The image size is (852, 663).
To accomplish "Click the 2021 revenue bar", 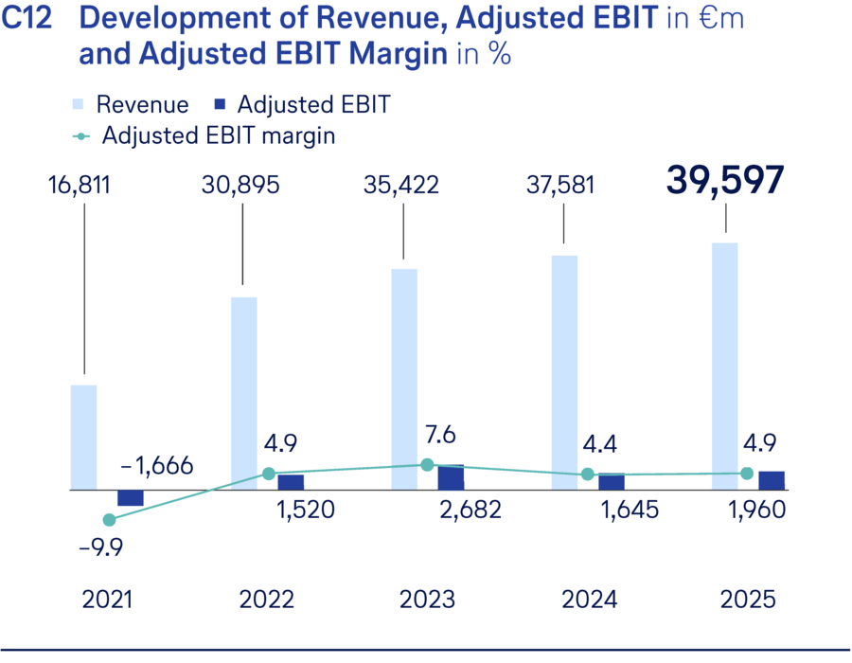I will (84, 438).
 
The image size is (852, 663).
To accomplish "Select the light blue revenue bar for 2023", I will (404, 379).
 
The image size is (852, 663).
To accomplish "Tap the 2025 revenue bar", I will (725, 367).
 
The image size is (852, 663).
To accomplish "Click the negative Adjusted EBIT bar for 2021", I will (131, 498).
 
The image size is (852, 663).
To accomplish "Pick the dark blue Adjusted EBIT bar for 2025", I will (772, 480).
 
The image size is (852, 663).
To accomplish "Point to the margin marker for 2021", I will (109, 520).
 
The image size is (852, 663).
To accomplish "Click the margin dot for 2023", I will (427, 465).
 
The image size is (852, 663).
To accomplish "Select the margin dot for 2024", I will (587, 474).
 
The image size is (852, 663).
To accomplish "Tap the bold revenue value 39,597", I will (726, 180).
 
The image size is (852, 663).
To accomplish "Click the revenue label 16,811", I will (79, 185).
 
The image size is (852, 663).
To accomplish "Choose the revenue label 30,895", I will (240, 185).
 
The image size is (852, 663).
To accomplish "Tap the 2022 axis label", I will (267, 600).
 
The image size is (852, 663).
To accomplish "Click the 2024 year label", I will (588, 600).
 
